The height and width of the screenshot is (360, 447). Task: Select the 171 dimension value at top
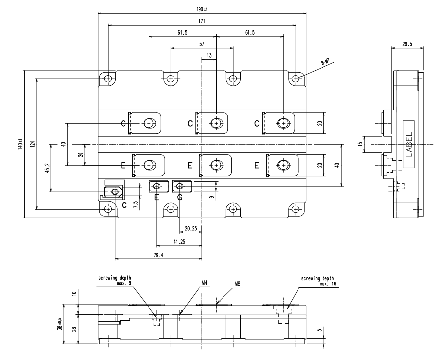[x=202, y=21]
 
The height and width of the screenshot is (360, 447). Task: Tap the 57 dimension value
[x=202, y=44]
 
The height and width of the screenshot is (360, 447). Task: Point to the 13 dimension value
[x=209, y=56]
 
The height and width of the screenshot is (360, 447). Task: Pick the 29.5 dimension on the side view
[x=406, y=44]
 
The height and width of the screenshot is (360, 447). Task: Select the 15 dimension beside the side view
[x=360, y=144]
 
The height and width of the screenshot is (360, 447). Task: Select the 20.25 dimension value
[x=190, y=229]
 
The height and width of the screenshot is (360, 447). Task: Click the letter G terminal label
[x=180, y=198]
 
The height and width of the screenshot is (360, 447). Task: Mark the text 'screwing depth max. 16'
[x=316, y=281]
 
